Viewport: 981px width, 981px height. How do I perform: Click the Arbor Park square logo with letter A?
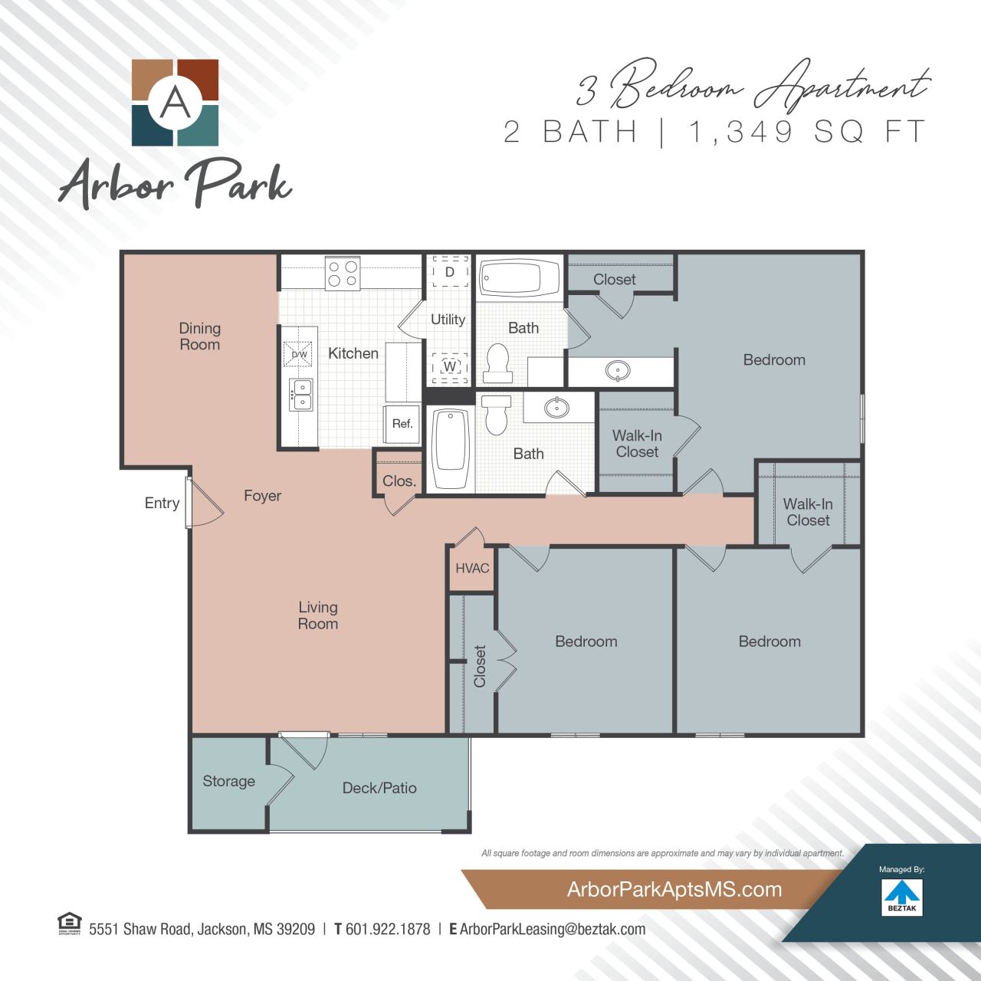[x=176, y=103]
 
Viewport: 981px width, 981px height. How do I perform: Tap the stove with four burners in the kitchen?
[x=343, y=274]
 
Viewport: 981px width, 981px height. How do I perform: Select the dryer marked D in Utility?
[x=450, y=271]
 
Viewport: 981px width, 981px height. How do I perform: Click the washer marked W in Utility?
[x=450, y=366]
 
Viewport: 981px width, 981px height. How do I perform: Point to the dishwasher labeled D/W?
[x=299, y=354]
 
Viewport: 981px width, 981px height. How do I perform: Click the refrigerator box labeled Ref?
[x=402, y=424]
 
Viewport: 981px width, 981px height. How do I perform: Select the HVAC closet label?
[x=472, y=568]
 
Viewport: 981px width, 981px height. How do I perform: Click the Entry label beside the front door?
[x=162, y=503]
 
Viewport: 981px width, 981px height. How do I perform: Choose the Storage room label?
[x=228, y=781]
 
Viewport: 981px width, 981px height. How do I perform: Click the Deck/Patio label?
[x=379, y=788]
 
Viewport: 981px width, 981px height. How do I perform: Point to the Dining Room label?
[x=199, y=336]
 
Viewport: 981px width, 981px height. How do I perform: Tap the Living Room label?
[x=318, y=615]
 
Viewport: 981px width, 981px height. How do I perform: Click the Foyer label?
[x=262, y=496]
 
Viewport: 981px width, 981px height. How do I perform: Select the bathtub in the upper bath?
[x=520, y=278]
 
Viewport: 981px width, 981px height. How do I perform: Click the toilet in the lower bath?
[x=497, y=413]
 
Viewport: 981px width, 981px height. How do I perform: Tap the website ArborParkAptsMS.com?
[x=674, y=890]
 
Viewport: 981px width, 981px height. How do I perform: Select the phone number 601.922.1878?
[x=388, y=929]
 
